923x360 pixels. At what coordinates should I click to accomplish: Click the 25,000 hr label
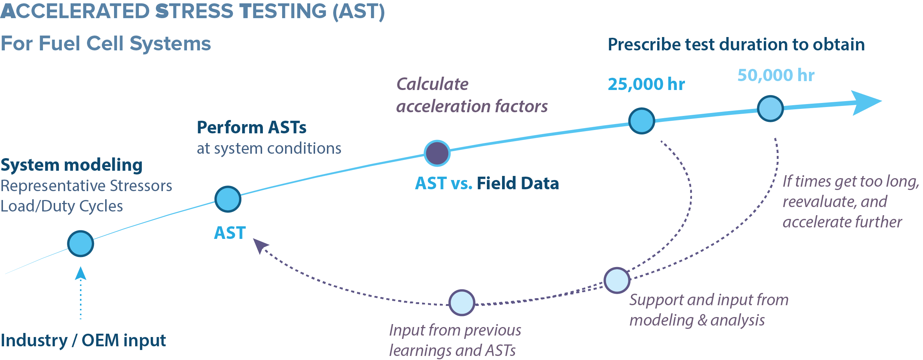[646, 84]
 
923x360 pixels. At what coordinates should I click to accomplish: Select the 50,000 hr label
[776, 75]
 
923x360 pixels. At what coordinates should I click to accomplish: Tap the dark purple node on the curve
[437, 153]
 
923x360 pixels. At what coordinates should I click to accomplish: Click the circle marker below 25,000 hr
[642, 121]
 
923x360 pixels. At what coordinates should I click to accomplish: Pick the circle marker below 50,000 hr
[770, 108]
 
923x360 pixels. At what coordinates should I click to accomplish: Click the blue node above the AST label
[228, 199]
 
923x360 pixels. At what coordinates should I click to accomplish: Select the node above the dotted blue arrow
[80, 243]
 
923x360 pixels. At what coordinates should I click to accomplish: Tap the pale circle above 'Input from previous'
[462, 303]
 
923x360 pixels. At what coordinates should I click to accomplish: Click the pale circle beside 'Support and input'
[617, 280]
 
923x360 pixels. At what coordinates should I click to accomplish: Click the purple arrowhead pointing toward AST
[260, 245]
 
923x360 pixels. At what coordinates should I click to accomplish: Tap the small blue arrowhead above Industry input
[80, 274]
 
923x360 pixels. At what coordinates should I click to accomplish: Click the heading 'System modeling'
[71, 165]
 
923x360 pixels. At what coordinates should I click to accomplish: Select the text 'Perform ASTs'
[251, 127]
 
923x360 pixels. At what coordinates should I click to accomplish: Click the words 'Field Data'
[518, 183]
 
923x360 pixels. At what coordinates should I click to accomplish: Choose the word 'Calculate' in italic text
[432, 84]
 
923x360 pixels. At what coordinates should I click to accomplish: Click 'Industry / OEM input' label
[83, 340]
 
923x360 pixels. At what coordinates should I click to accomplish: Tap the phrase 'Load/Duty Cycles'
[61, 206]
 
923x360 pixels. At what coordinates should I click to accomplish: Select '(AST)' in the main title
[358, 11]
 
